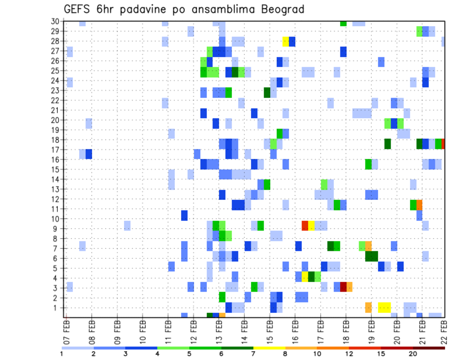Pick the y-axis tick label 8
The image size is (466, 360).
pos(57,239)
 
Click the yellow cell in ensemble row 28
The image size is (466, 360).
pos(286,41)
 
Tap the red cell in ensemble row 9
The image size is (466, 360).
pos(305,225)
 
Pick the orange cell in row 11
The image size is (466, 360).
pos(419,205)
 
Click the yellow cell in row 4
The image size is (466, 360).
pos(305,277)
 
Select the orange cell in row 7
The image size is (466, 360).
pos(368,245)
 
